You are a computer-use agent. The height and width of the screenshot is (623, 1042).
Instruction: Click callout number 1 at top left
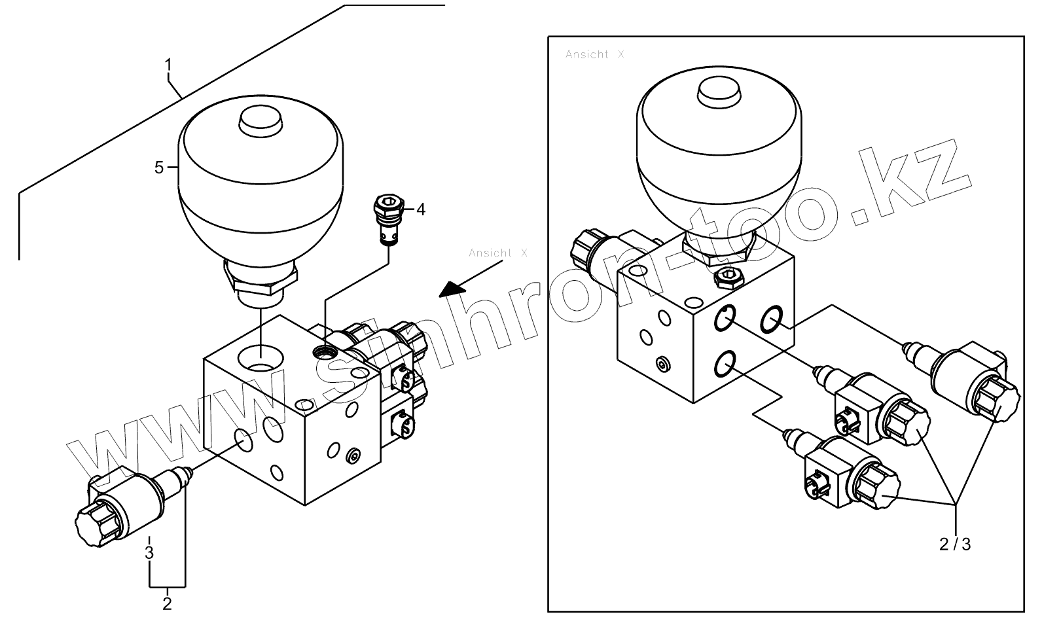pos(168,65)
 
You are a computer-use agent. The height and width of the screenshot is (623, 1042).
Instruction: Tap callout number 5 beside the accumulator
pos(159,168)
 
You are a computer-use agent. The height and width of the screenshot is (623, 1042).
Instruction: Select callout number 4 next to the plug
pos(421,209)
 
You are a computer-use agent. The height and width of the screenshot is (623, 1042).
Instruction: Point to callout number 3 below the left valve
pos(149,552)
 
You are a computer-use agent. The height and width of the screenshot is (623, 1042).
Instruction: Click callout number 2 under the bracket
pos(167,603)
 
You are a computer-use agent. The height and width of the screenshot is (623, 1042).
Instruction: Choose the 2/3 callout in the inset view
pos(956,544)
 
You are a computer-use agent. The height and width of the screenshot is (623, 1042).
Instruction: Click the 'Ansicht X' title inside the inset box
pos(594,54)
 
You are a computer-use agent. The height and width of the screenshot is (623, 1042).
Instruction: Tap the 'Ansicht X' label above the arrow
pos(497,253)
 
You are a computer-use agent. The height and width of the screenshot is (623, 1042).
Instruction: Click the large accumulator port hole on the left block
pos(260,357)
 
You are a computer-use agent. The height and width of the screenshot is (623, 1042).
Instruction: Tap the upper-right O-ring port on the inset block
pos(771,319)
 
